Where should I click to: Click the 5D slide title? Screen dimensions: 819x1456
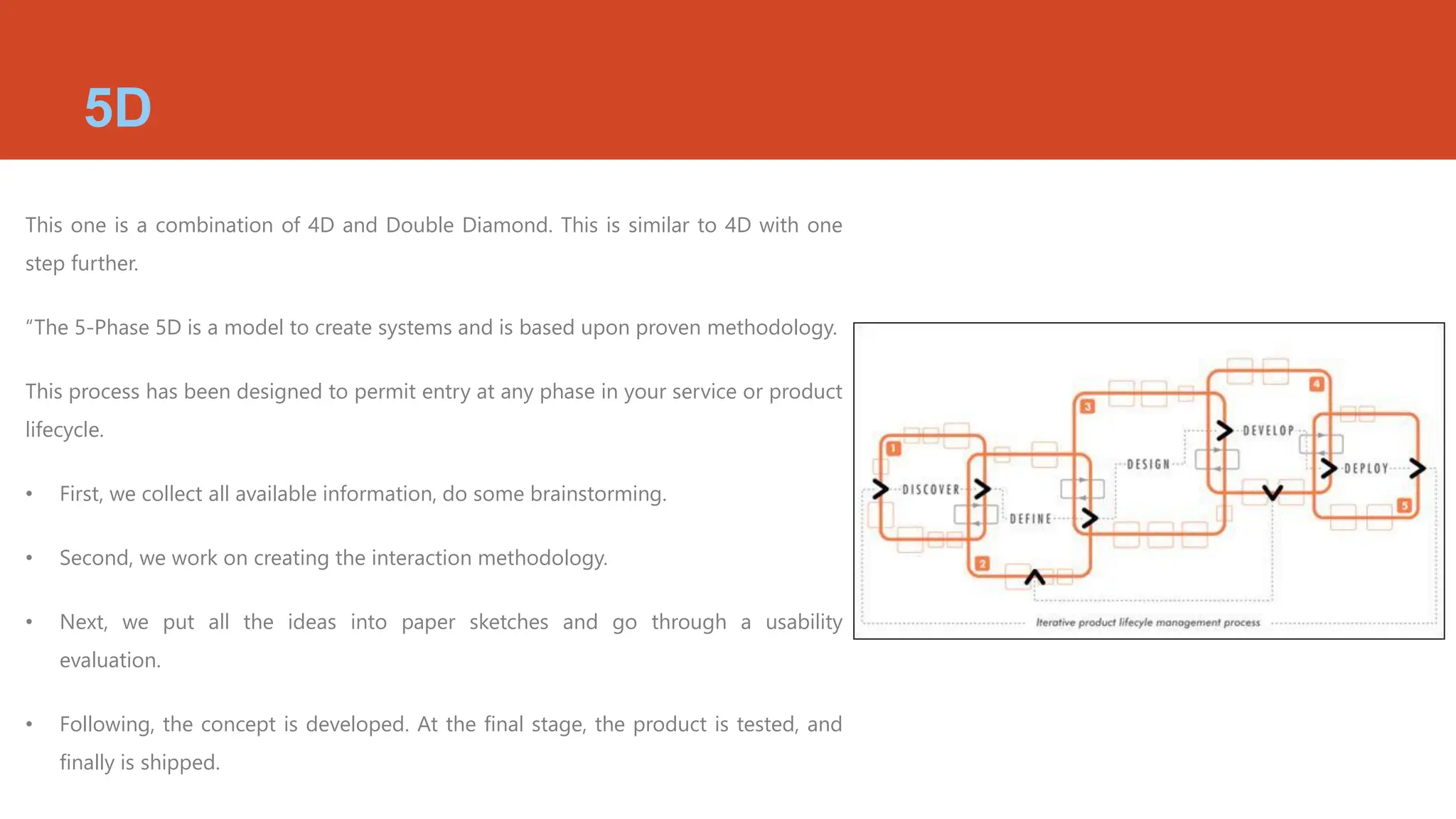118,108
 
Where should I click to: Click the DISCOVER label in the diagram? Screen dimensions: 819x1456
931,490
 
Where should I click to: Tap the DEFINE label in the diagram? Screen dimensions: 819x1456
1030,519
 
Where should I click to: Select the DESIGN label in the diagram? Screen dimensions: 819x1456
1148,464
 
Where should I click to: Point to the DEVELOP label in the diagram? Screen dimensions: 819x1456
1268,431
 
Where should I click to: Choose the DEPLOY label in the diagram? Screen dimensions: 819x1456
1366,469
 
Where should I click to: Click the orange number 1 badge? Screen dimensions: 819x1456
894,449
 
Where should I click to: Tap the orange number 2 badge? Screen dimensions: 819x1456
982,564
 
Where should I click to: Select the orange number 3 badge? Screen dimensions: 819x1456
1087,407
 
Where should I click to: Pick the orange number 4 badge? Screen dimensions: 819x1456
1317,384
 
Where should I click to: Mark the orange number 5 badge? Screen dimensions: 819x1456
1404,505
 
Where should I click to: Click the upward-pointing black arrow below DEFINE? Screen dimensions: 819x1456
1034,577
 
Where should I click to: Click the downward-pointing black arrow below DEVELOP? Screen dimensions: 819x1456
1272,492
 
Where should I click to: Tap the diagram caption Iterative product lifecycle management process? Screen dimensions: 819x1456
1147,623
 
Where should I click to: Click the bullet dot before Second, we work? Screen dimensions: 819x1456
29,558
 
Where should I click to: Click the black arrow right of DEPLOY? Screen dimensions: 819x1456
1418,468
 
